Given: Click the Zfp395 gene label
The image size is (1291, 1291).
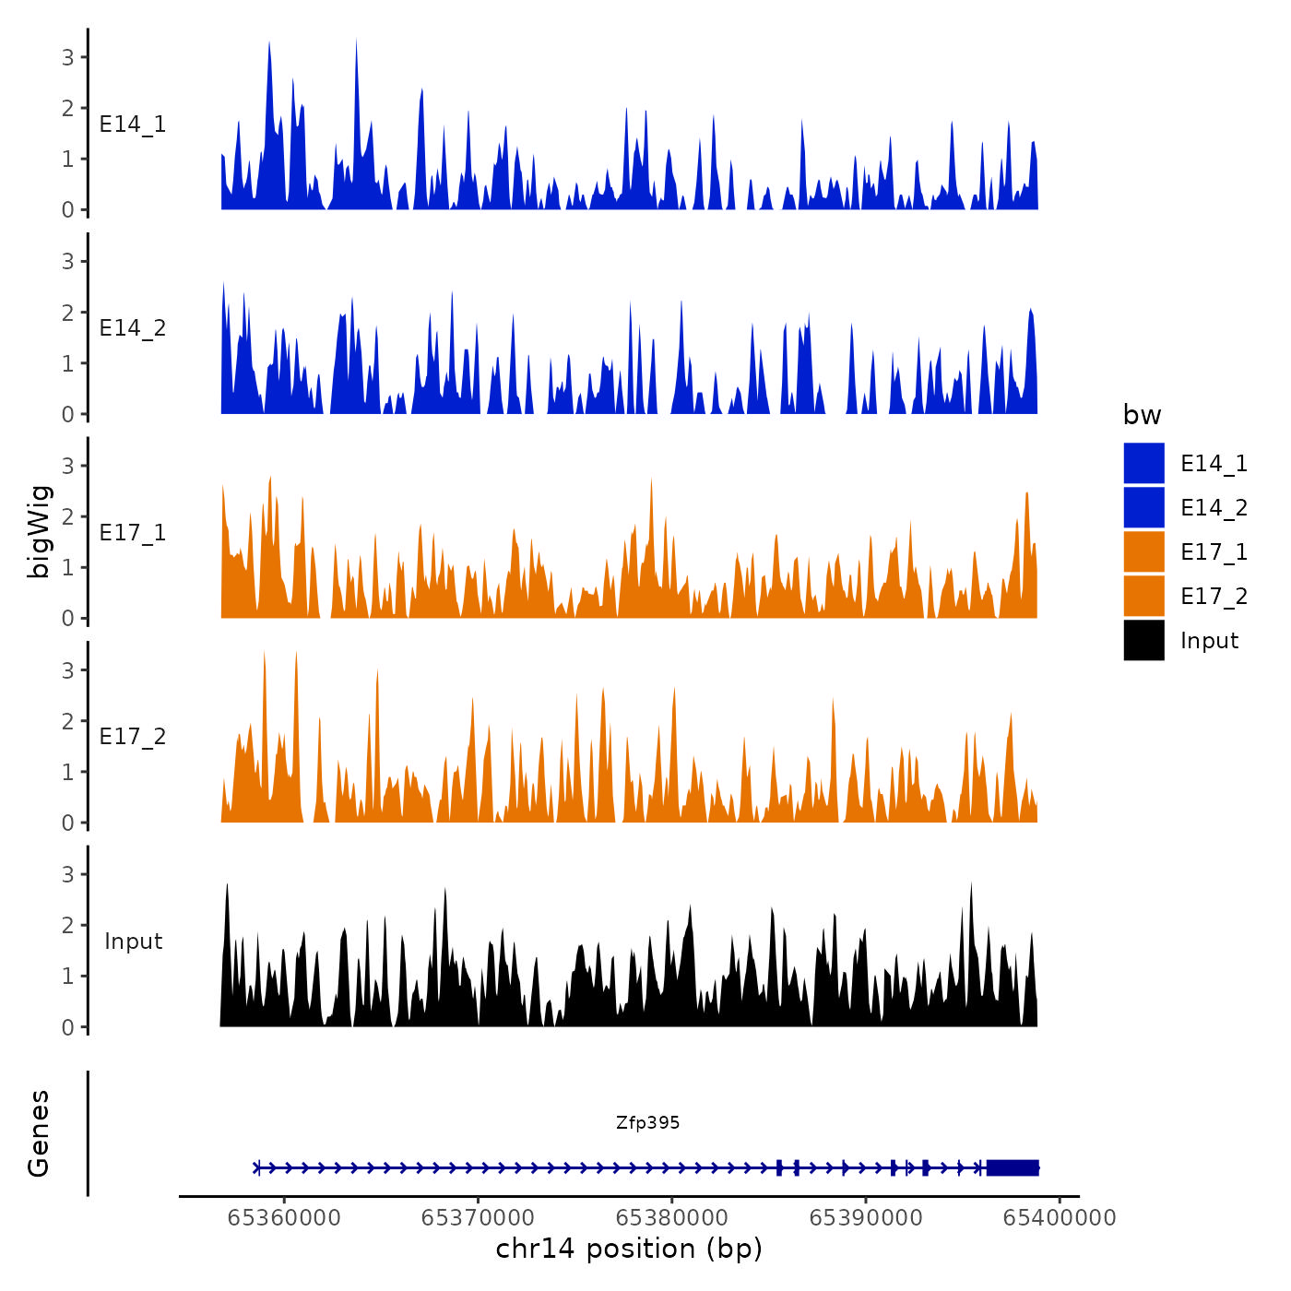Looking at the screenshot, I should click(647, 1122).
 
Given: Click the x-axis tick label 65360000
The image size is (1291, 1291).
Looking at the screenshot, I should click(284, 1218).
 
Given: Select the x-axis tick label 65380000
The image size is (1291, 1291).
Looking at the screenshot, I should click(671, 1218).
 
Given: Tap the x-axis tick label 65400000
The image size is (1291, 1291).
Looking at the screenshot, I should click(1059, 1218).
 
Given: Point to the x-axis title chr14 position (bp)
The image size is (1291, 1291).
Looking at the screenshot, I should click(629, 1249).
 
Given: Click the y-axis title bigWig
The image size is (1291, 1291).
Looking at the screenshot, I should click(40, 531).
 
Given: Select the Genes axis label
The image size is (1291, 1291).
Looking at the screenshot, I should click(39, 1133).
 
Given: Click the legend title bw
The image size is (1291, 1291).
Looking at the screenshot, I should click(1142, 415).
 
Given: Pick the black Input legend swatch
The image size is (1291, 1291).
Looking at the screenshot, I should click(1143, 640).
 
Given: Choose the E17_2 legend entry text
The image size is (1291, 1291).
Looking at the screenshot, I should click(1214, 597).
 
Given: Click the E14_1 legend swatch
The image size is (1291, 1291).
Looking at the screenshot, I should click(1143, 463).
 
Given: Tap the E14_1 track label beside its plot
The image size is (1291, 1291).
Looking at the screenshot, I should click(133, 124).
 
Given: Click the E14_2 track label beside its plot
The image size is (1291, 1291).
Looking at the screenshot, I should click(133, 328).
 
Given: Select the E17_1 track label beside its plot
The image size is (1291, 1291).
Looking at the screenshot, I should click(133, 533).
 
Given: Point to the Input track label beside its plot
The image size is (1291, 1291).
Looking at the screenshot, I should click(133, 942).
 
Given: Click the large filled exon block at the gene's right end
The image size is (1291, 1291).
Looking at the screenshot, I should click(1013, 1167).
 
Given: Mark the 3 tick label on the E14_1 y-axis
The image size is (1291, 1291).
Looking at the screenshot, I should click(68, 57).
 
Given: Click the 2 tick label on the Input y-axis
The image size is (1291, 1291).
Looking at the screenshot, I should click(68, 925).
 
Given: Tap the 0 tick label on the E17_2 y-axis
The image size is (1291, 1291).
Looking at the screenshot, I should click(68, 823).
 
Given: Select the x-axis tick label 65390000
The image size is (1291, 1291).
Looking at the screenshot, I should click(865, 1218).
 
